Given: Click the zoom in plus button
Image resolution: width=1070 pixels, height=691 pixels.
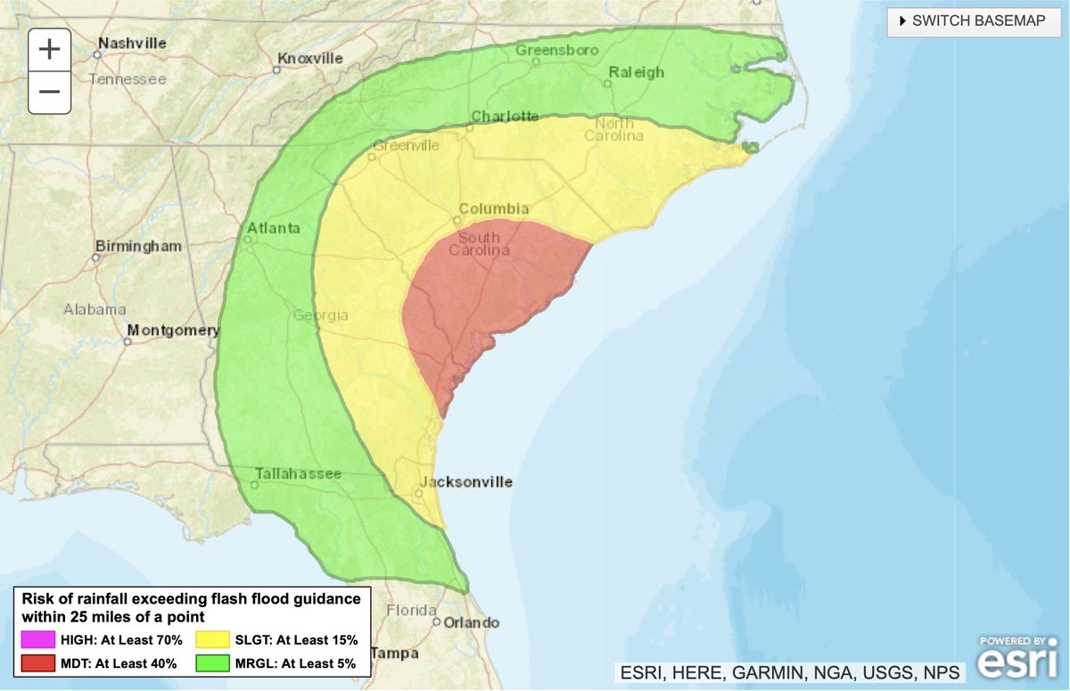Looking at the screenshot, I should click(x=49, y=50).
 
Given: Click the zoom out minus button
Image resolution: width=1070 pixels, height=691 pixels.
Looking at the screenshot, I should click(x=49, y=92).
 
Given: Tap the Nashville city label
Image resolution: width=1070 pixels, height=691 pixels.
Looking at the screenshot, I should click(x=132, y=43).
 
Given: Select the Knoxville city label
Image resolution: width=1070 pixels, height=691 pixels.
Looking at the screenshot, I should click(x=310, y=58).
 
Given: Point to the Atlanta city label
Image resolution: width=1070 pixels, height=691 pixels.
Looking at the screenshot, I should click(x=274, y=228).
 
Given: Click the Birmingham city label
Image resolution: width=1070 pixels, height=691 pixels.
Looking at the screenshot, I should click(x=138, y=245).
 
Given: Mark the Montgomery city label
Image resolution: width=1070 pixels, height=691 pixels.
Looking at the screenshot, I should click(x=173, y=331).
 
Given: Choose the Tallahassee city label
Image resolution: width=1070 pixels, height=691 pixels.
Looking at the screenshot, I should click(x=298, y=473).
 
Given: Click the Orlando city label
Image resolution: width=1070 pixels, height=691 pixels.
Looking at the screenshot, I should click(x=473, y=622).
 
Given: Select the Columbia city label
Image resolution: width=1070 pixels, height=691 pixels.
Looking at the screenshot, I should click(x=495, y=208).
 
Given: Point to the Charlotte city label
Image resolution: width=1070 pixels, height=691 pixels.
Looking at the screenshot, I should click(x=505, y=116).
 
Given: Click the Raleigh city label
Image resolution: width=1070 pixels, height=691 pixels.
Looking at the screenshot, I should click(x=637, y=72).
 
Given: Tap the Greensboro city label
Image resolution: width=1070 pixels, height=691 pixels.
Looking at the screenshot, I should click(x=556, y=50).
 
